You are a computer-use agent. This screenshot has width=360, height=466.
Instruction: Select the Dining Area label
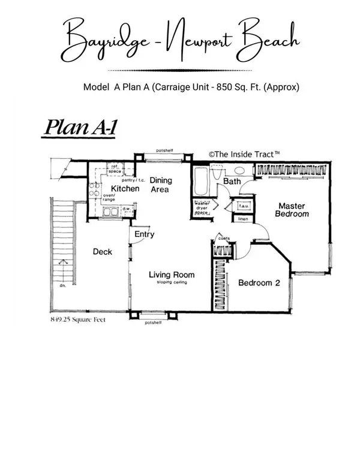click(160, 184)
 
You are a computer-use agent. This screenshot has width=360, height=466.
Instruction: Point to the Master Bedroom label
click(292, 209)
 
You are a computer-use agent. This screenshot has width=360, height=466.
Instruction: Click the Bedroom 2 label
click(259, 284)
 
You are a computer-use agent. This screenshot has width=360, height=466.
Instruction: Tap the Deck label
click(103, 252)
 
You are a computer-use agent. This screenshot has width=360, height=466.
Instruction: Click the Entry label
click(144, 234)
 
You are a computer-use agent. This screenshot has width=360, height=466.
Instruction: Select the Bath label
click(232, 181)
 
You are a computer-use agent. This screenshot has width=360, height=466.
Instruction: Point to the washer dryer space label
click(202, 208)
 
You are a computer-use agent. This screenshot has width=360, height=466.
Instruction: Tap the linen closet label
click(242, 219)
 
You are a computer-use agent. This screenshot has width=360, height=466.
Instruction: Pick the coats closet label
click(224, 238)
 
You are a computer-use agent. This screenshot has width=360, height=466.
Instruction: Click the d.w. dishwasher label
click(127, 209)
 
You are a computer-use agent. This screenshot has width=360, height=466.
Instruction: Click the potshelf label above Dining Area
click(164, 151)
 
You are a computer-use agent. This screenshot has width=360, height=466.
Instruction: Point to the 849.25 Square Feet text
click(78, 320)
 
